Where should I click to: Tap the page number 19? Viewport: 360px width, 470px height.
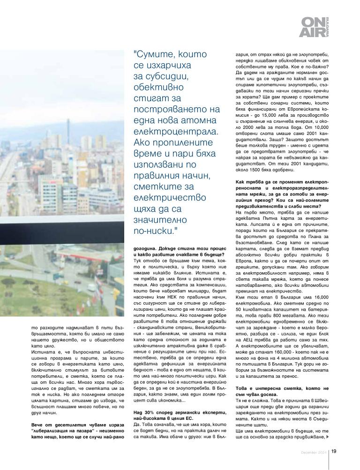(x=334, y=452)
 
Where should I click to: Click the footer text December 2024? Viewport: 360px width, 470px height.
(x=315, y=452)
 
